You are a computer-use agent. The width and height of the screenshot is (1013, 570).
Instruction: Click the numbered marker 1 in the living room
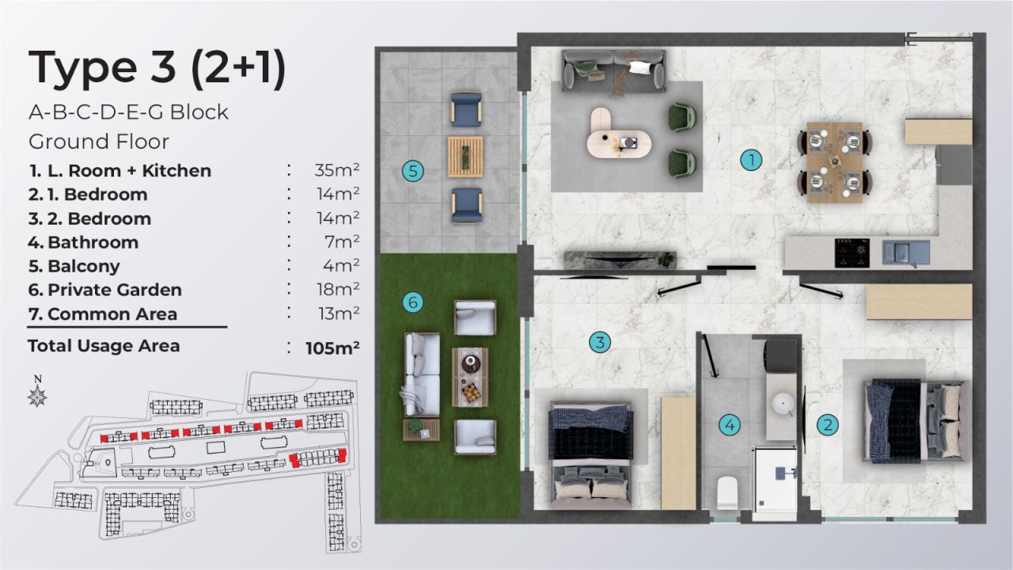point(750,160)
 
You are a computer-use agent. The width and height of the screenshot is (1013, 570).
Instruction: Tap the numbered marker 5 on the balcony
point(412,169)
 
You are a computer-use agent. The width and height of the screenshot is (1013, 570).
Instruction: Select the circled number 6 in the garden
point(412,302)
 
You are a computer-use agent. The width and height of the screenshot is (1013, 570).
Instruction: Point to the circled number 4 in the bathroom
point(730,425)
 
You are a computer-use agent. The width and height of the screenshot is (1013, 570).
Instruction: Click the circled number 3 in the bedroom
point(600,343)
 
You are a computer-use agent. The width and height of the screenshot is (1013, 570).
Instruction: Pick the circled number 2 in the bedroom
point(828,424)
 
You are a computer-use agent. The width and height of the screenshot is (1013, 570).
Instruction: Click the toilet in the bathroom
point(727,494)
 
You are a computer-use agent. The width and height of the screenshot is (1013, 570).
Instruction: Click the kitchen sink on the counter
point(902,253)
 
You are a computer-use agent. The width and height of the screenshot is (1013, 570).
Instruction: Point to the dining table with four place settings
point(835,162)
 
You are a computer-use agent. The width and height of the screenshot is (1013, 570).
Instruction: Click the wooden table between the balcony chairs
point(465,156)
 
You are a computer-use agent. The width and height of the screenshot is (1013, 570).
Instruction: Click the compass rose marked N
point(37,393)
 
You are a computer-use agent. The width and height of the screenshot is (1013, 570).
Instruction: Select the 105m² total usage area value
point(333,348)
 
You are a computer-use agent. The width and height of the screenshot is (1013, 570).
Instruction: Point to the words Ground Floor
point(99,142)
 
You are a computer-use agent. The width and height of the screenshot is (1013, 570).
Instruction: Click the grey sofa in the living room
point(613,70)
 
